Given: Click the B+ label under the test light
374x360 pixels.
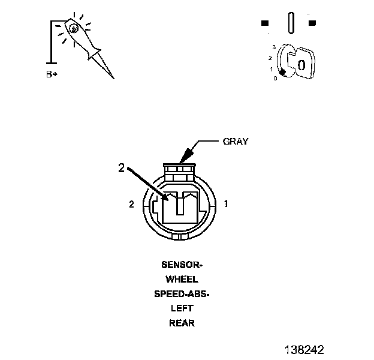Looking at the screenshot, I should click(53, 75).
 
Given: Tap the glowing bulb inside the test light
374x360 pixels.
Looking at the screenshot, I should click(73, 27).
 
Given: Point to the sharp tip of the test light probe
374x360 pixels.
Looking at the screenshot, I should click(112, 78).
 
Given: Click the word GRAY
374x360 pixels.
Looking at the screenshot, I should click(236, 142).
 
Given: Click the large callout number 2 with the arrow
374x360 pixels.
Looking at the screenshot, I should click(121, 169).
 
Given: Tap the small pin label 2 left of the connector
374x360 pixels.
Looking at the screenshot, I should click(131, 205).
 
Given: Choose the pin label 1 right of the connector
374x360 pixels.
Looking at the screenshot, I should click(225, 204).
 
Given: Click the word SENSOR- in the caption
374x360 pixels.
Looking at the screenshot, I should click(182, 264).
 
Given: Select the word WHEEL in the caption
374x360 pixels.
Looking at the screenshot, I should click(182, 279).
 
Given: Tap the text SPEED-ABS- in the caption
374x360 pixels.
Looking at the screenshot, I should click(182, 294).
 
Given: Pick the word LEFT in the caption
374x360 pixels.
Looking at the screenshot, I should click(182, 308).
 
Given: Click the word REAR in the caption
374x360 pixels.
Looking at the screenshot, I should click(182, 323).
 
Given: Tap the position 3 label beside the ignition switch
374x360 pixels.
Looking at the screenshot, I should click(273, 46).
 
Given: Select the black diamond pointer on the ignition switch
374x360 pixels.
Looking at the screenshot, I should click(282, 73).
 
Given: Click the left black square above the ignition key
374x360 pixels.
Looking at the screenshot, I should click(265, 23).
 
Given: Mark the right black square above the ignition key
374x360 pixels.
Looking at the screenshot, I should click(312, 23).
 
